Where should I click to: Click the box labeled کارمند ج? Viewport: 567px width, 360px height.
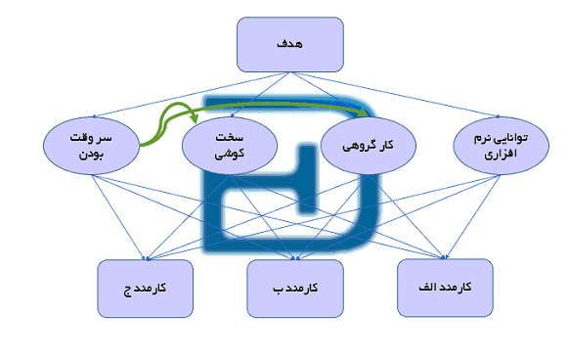[146, 290]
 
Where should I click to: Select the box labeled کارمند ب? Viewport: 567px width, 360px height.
[296, 290]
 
